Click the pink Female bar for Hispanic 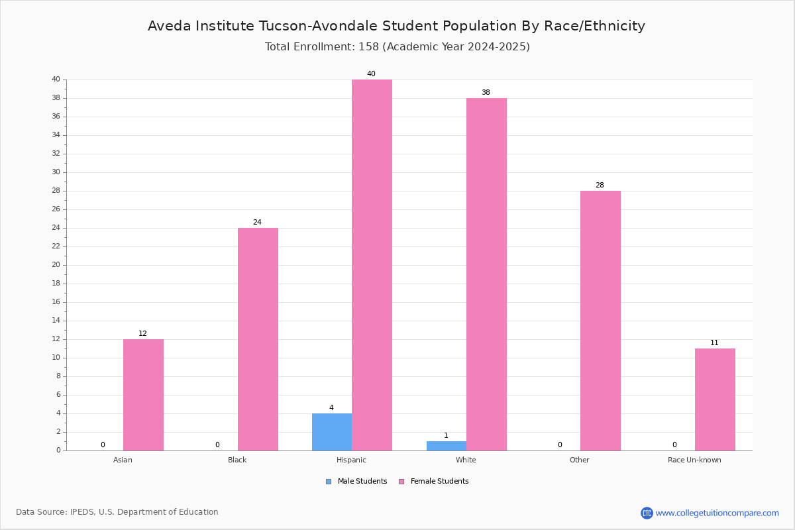pos(372,265)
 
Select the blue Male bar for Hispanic pos(332,432)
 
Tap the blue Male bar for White pos(447,447)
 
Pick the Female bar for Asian pos(143,395)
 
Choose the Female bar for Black pos(258,339)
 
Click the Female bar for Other pos(600,321)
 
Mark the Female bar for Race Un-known pos(715,399)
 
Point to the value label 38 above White pos(486,92)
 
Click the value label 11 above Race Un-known pos(714,343)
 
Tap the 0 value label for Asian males pos(103,445)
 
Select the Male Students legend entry pos(356,481)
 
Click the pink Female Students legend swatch pos(401,482)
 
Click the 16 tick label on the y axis pos(56,302)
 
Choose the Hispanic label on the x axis pos(351,460)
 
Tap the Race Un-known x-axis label pos(694,460)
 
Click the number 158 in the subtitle pos(369,46)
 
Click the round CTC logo pos(647,513)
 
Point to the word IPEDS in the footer pos(82,512)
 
